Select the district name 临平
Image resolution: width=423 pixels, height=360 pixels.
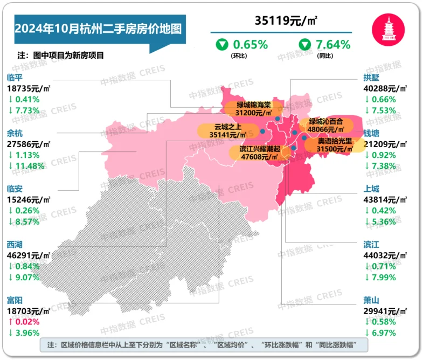point(15,77)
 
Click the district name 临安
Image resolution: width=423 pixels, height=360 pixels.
point(15,189)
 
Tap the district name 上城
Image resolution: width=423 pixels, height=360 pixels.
point(372,189)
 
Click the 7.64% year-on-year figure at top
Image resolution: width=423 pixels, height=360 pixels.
point(333,44)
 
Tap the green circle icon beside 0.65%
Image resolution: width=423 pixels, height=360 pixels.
point(221,44)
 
